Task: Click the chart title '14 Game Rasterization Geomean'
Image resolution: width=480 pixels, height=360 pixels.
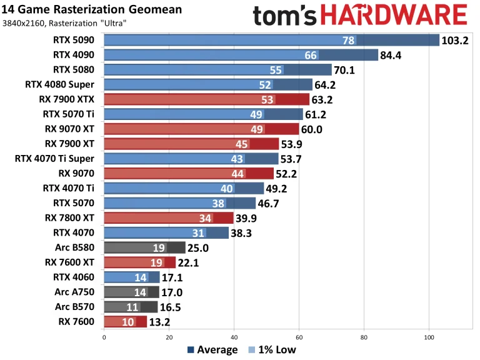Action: click(x=93, y=9)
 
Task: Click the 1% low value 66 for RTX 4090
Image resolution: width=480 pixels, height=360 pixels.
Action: click(x=311, y=56)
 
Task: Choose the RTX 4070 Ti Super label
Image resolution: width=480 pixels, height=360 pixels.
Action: click(x=54, y=158)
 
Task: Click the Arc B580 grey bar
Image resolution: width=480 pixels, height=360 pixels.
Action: click(x=144, y=247)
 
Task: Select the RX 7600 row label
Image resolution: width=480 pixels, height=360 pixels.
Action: click(x=76, y=321)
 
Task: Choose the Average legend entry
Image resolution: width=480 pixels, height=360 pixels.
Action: click(x=212, y=350)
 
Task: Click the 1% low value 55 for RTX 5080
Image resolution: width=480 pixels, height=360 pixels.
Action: click(x=276, y=70)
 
